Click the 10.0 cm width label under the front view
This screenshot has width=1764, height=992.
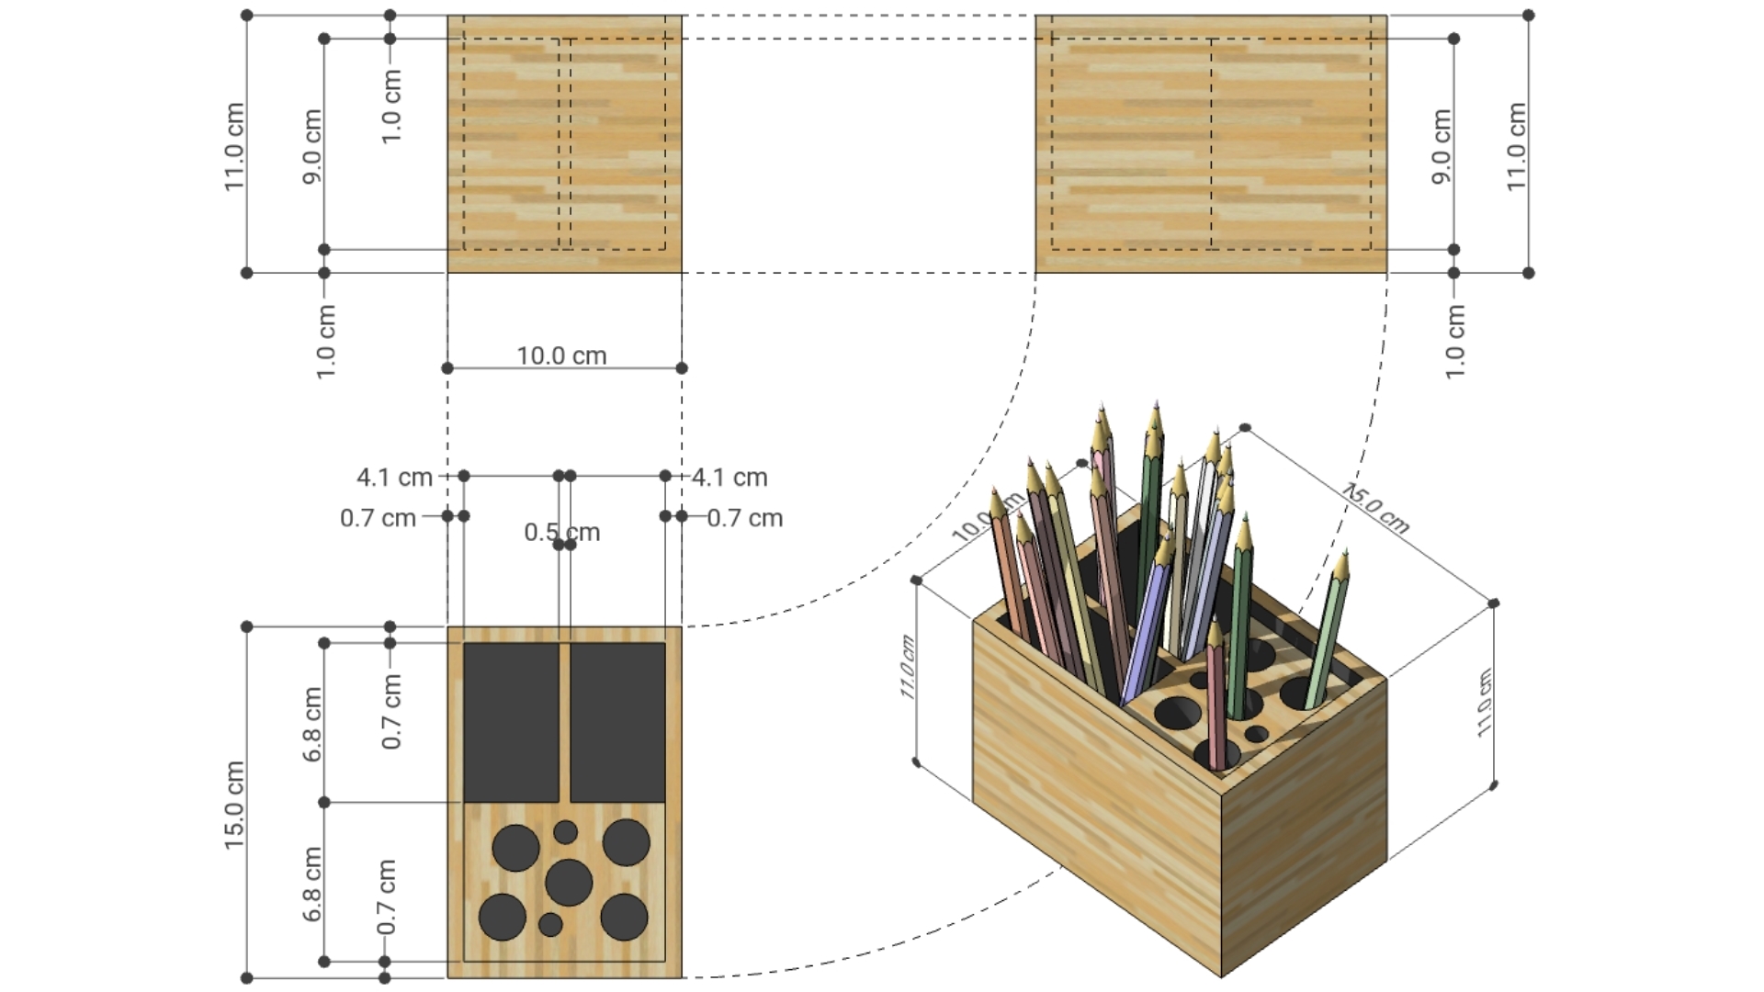click(561, 355)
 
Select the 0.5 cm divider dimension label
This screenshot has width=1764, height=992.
click(561, 532)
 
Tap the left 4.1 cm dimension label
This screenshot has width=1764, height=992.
click(394, 478)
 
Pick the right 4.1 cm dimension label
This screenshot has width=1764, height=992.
click(729, 478)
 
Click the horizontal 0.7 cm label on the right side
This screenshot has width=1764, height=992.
click(745, 518)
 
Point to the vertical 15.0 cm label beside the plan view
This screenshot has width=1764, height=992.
click(234, 805)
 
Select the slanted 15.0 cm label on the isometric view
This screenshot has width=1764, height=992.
click(1374, 508)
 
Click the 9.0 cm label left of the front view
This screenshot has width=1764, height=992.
click(312, 146)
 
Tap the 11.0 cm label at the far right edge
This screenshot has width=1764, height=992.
click(1516, 146)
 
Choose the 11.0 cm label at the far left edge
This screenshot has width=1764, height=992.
click(234, 146)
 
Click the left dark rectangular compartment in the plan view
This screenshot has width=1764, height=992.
click(511, 722)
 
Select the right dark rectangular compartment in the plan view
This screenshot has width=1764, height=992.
click(617, 722)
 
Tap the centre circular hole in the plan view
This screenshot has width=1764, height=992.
click(569, 882)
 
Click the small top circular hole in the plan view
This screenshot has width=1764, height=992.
click(566, 832)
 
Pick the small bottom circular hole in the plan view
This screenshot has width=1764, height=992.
click(550, 924)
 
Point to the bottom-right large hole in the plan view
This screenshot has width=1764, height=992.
click(625, 916)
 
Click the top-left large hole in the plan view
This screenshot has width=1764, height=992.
click(515, 847)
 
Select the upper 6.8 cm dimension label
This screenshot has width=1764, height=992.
click(312, 724)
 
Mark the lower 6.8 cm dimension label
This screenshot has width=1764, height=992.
click(312, 884)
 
